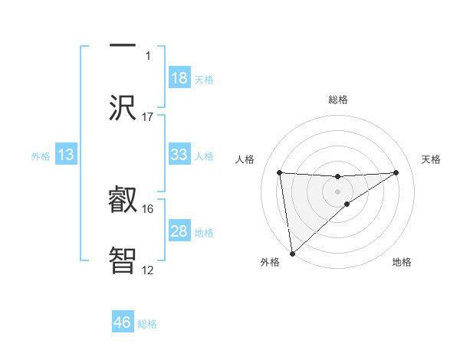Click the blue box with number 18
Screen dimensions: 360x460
pyautogui.click(x=179, y=78)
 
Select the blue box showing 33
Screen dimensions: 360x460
pyautogui.click(x=179, y=155)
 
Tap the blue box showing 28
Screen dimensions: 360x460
pyautogui.click(x=179, y=231)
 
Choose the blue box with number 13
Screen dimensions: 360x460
pyautogui.click(x=66, y=155)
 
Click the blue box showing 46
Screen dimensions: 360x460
pyautogui.click(x=123, y=322)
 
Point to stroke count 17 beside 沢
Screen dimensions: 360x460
pyautogui.click(x=148, y=116)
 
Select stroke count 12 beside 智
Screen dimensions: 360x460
pyautogui.click(x=148, y=270)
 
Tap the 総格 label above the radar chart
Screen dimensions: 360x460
pyautogui.click(x=337, y=100)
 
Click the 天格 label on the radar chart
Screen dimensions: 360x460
pyautogui.click(x=431, y=159)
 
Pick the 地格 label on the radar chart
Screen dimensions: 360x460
pyautogui.click(x=402, y=262)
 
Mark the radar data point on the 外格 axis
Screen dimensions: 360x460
pyautogui.click(x=291, y=254)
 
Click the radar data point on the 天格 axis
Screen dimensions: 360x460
pyautogui.click(x=396, y=172)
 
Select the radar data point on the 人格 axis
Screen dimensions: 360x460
pyautogui.click(x=279, y=172)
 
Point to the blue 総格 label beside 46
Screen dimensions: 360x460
pyautogui.click(x=147, y=324)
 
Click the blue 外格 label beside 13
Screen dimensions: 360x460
pyautogui.click(x=41, y=155)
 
